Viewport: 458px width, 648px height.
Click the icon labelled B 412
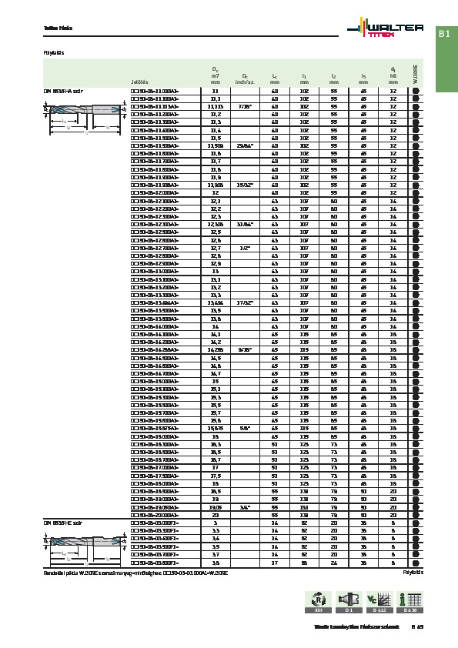375,599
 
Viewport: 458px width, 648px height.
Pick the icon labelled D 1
348,599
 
